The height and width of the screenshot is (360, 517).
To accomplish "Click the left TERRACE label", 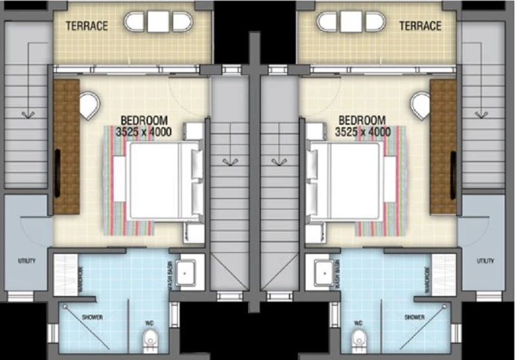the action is [87, 26].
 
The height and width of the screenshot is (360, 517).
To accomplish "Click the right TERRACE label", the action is [420, 26].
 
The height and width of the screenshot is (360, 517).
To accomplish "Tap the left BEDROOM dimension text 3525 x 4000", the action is [143, 132].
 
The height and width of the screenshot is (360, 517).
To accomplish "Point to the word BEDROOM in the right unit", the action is [362, 120].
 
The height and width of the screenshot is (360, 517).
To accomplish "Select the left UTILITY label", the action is [26, 260].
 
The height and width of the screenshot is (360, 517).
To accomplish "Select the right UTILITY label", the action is [485, 260].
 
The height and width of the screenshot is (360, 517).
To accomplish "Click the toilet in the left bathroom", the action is [151, 339].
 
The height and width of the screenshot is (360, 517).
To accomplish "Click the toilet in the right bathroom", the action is [359, 339].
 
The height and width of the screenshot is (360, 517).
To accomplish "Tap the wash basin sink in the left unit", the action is [185, 273].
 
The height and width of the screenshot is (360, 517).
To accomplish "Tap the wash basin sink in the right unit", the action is [325, 273].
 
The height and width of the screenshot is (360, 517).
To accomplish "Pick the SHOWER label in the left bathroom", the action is [92, 317].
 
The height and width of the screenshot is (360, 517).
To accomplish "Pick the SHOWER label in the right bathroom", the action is [414, 317].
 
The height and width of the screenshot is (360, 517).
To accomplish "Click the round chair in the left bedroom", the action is [89, 105].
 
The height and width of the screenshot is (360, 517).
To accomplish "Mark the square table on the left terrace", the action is [158, 22].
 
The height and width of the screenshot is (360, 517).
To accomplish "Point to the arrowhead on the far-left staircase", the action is [28, 115].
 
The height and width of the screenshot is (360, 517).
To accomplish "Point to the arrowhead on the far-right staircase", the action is [481, 115].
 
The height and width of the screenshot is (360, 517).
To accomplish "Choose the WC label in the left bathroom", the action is [149, 323].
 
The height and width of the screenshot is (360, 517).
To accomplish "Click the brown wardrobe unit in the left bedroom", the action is [67, 147].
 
